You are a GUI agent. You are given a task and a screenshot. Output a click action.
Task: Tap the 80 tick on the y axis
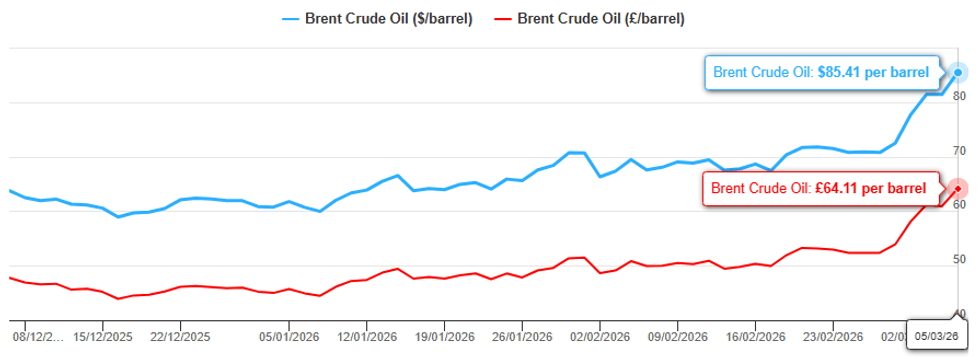pos(958,96)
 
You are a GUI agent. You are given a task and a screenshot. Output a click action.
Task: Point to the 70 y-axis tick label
pos(958,151)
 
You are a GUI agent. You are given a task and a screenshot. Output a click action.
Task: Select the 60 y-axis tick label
pos(958,205)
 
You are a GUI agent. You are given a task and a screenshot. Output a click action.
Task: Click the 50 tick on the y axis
pos(958,260)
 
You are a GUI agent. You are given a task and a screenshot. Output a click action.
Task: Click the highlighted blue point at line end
pos(958,72)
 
